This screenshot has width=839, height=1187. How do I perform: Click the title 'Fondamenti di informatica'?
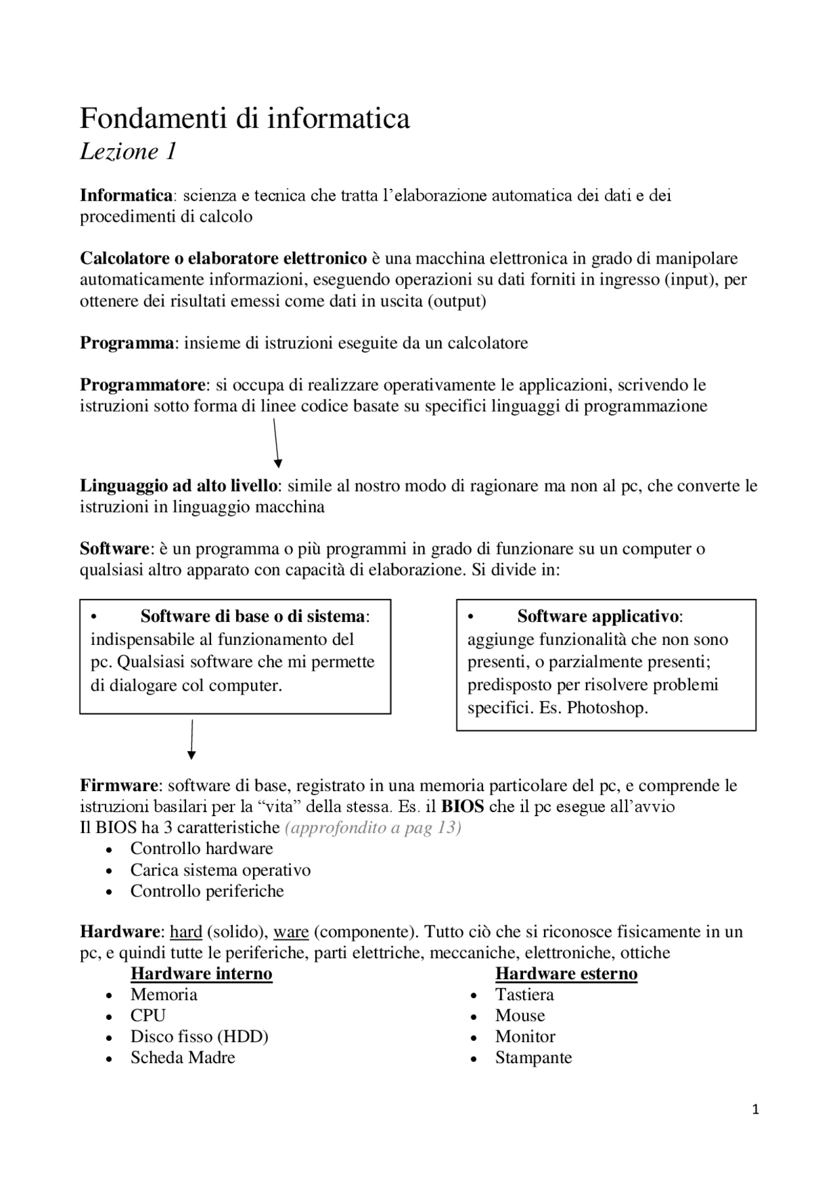244,119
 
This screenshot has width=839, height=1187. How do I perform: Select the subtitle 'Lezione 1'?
128,152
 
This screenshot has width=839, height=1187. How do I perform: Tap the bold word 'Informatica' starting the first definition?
126,195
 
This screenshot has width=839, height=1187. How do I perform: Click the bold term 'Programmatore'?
143,384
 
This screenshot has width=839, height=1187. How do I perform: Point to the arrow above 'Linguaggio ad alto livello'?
276,443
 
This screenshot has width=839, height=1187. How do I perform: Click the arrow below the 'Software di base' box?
191,739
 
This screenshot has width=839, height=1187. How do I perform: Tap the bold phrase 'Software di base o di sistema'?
252,616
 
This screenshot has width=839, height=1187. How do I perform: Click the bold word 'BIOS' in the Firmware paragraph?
463,806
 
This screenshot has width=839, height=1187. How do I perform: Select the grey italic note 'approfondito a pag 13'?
372,827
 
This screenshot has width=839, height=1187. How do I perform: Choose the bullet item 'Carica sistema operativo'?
220,870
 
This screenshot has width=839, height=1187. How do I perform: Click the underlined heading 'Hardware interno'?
201,973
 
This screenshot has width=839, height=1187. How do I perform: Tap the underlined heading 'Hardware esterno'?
566,973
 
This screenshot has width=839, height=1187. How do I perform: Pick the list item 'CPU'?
148,1015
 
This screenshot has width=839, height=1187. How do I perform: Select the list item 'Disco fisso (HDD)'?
199,1036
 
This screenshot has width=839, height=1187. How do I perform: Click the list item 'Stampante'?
533,1057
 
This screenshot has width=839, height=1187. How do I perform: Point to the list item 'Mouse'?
520,1015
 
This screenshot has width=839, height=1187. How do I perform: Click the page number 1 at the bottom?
756,1110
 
